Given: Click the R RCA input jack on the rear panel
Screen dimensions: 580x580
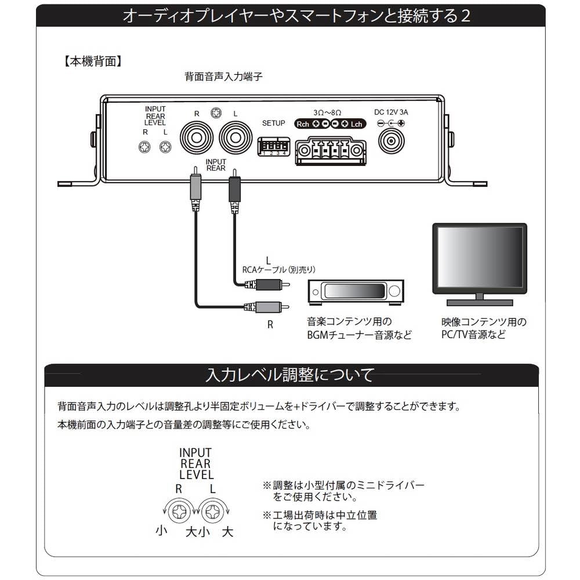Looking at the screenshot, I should [x=195, y=139].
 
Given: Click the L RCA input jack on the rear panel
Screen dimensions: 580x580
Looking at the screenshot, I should [x=235, y=139].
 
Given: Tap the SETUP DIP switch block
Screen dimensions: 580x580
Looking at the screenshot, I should [x=274, y=147].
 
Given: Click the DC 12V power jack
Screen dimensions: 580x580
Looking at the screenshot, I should [x=391, y=141].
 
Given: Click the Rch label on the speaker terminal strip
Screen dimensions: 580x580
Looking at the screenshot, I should [x=303, y=124].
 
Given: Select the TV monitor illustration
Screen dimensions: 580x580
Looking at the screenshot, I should [x=480, y=264].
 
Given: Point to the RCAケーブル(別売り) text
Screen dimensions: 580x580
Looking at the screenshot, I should [x=278, y=270].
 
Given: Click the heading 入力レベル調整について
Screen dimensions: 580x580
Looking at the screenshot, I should [x=290, y=375].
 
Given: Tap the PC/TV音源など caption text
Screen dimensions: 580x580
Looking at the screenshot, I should [x=473, y=335].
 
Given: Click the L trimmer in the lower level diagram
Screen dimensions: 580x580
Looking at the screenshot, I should [x=212, y=511].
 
